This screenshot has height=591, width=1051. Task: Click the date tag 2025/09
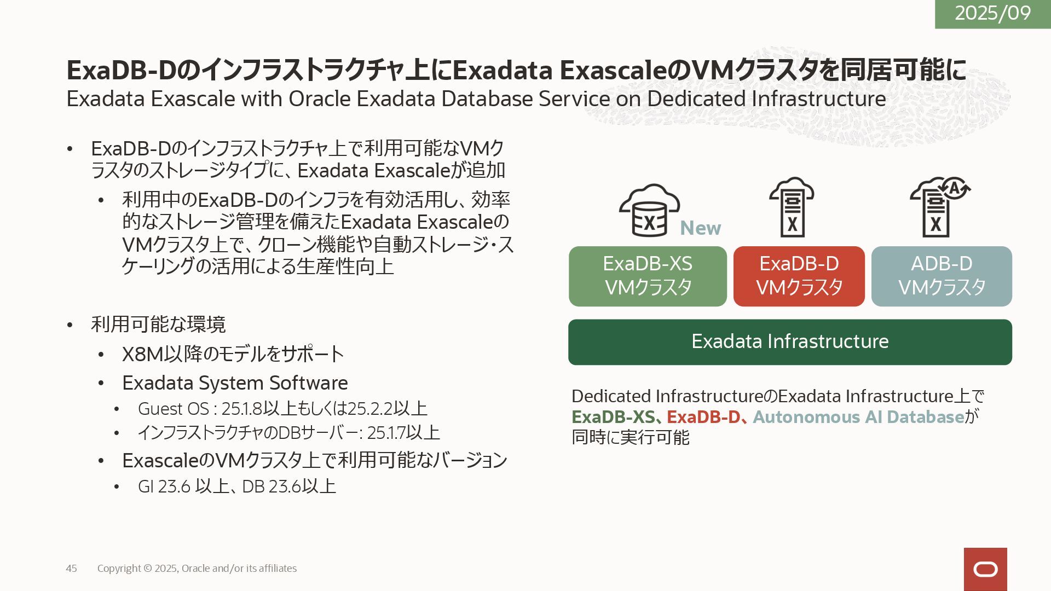click(x=992, y=13)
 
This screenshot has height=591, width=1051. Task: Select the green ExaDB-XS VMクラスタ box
click(x=648, y=276)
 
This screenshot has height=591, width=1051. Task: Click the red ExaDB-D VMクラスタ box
click(x=799, y=276)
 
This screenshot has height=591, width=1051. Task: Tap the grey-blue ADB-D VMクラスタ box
click(x=942, y=276)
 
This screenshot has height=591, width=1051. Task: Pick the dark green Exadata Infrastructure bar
click(x=790, y=342)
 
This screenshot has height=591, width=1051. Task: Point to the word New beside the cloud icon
click(x=700, y=228)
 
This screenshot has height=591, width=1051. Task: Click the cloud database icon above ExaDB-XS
click(x=649, y=210)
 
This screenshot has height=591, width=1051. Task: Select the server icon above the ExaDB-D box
click(x=792, y=207)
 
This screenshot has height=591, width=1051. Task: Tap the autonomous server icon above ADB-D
click(x=939, y=207)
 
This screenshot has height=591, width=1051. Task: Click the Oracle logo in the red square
click(x=985, y=569)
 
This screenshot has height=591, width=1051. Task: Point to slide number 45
click(x=71, y=569)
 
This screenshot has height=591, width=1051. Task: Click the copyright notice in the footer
click(x=197, y=569)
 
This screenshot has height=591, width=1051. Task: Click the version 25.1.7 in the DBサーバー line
click(x=385, y=433)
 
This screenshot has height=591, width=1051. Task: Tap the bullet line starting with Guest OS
click(x=282, y=409)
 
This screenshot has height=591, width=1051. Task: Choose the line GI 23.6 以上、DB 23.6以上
click(x=236, y=486)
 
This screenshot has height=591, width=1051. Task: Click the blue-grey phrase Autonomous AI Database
click(x=858, y=417)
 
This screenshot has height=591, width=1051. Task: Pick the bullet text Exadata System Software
click(x=235, y=383)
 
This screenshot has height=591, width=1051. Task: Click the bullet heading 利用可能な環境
click(x=158, y=325)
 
